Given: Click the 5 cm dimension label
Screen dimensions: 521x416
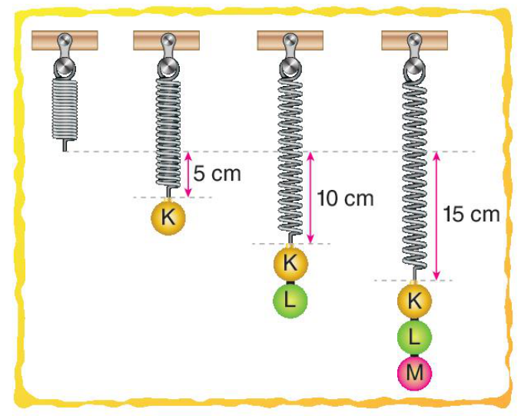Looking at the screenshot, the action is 217,173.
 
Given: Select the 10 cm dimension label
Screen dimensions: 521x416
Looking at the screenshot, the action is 345,198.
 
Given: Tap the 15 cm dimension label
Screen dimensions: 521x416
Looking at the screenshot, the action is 472,214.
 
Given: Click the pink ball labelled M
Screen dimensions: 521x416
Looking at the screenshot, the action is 414,372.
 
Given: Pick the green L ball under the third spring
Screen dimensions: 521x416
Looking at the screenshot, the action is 290,301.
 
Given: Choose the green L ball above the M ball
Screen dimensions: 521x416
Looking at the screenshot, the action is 414,337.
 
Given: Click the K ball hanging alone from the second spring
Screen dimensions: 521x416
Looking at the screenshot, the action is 168,218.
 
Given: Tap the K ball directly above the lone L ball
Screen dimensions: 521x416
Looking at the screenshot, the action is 290,264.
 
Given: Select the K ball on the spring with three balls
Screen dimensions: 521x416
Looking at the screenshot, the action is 414,301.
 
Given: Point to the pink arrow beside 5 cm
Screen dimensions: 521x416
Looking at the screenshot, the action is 188,175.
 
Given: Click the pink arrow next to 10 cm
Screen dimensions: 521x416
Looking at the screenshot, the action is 310,197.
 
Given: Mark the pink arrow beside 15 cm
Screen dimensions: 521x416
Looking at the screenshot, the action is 436,216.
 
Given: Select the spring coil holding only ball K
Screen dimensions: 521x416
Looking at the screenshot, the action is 168,133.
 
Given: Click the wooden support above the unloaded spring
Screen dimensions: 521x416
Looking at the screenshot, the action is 65,40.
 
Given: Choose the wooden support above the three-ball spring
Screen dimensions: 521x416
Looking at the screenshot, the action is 414,40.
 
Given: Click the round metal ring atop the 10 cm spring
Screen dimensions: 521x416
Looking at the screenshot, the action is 290,67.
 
